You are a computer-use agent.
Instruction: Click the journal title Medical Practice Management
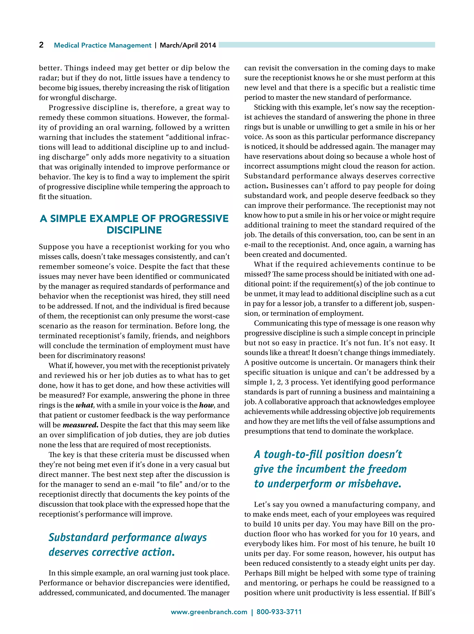coord(102,45)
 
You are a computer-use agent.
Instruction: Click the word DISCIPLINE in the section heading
coord(134,230)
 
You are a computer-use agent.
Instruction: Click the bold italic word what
coord(84,405)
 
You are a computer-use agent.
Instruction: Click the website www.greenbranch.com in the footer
coord(209,612)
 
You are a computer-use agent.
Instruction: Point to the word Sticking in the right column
coord(265,108)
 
